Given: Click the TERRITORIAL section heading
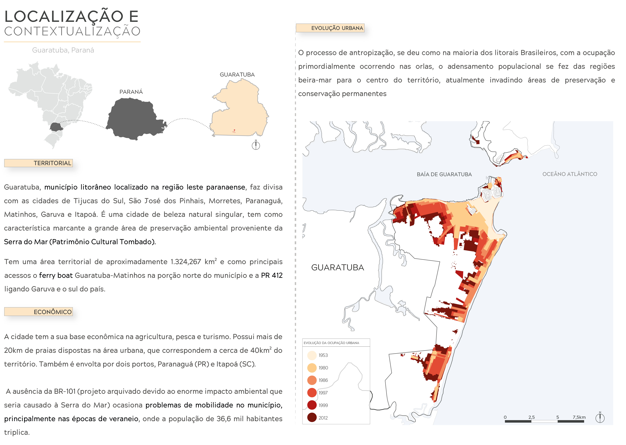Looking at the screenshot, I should click(52, 163).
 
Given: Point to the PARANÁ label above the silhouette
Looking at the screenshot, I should click(131, 92).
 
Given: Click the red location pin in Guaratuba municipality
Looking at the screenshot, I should click(234, 131).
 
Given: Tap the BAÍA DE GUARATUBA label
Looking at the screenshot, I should click(444, 174).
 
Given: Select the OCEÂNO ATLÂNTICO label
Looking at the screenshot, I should click(570, 174).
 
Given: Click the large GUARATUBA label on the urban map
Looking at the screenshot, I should click(337, 267).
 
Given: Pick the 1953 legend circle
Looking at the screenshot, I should click(312, 355).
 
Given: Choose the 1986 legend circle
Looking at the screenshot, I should click(312, 380).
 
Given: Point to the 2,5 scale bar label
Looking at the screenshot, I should click(531, 417).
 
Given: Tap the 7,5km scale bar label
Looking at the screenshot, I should click(579, 417).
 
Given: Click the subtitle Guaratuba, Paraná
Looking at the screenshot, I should click(63, 50).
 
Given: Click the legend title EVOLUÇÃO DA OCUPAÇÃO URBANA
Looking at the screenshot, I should click(331, 343).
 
